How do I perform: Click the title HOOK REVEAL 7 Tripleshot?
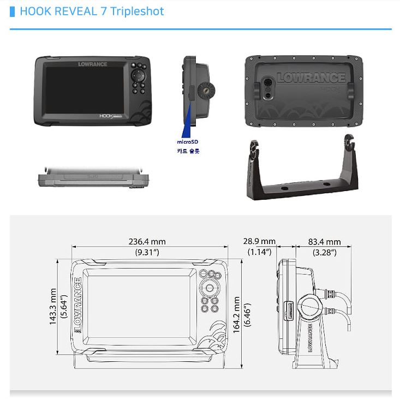click(92, 11)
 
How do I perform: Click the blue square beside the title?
click(12, 12)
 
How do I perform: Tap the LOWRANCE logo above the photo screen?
click(93, 64)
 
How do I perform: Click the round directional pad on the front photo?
click(138, 75)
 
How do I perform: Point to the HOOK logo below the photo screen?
click(111, 116)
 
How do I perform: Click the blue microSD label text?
click(188, 142)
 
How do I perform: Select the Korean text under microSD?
click(188, 151)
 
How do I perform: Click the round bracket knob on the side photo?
click(206, 90)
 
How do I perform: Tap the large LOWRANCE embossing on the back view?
click(311, 78)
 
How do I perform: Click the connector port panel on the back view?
click(267, 88)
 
